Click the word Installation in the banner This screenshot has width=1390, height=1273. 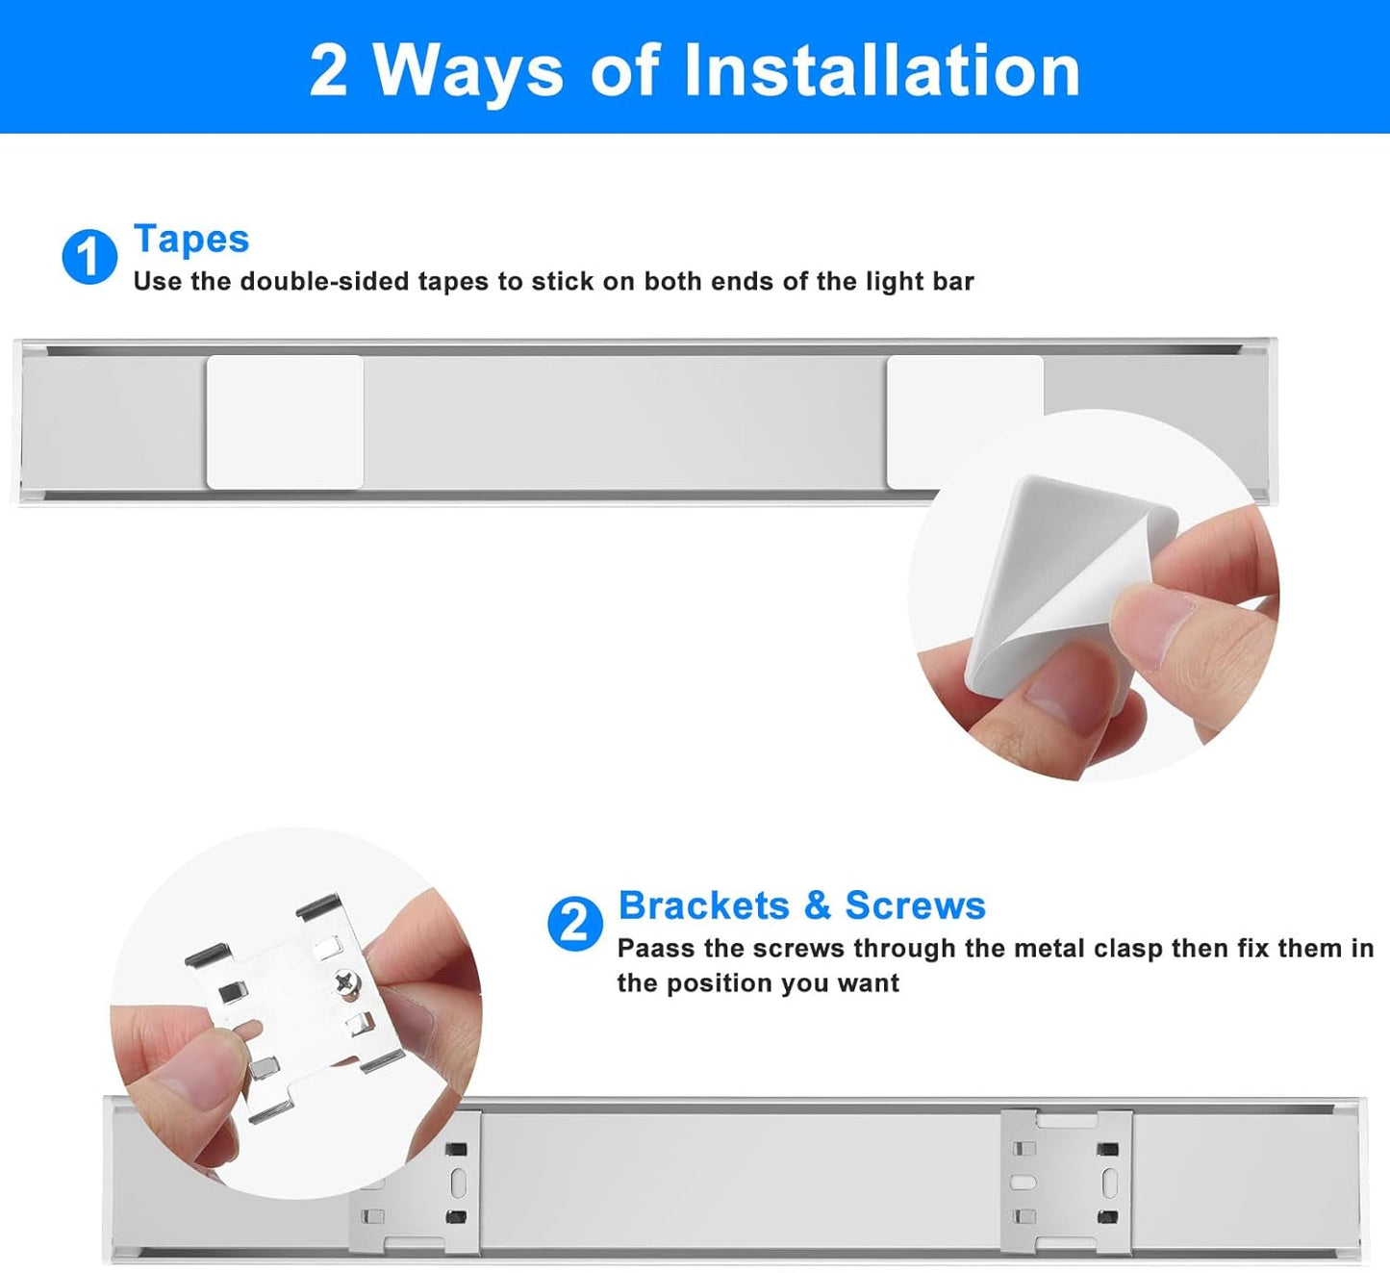coord(882,71)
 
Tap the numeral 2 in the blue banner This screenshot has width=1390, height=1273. coord(328,71)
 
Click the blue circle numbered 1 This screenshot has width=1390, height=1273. coord(88,257)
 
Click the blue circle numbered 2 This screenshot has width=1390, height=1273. coord(574,924)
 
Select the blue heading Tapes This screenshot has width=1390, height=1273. coord(191,239)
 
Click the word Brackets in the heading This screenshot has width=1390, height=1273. coord(703,905)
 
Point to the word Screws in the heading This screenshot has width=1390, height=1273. coord(915,905)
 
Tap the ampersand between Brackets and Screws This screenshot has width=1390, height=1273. coord(817,905)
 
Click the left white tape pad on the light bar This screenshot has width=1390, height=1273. coord(285,421)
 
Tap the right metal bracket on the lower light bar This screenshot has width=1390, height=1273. coord(1066,1182)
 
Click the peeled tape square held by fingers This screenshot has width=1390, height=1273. coord(1058,577)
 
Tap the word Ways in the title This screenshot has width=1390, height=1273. coord(468,71)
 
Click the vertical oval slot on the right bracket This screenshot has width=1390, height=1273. coord(1109,1183)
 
